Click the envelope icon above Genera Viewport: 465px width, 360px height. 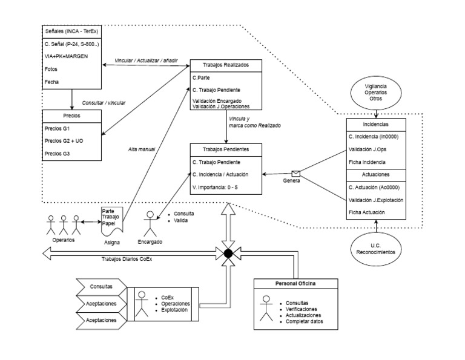(295, 173)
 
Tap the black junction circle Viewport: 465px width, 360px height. (228, 254)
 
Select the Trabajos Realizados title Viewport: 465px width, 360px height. (226, 65)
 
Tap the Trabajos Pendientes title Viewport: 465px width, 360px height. (226, 149)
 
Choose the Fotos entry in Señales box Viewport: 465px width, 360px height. (51, 69)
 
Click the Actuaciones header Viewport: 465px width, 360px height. (377, 174)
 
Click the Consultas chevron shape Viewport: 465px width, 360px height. (101, 286)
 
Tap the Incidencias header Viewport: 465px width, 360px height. (377, 124)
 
